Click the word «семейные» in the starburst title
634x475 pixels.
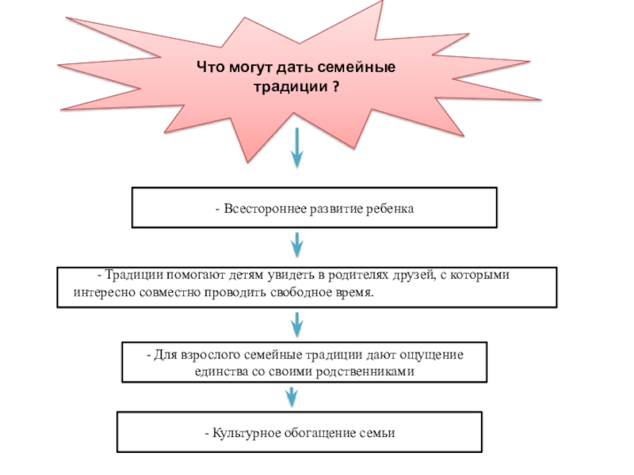pos(361,69)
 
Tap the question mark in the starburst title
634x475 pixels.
pos(337,86)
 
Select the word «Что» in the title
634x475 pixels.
pos(209,69)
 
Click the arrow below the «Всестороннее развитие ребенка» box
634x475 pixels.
pos(297,244)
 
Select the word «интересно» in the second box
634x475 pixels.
pos(101,292)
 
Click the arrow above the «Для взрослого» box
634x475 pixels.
pos(297,323)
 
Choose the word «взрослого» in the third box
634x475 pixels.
pos(210,354)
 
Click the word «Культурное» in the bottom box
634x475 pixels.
pos(241,433)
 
